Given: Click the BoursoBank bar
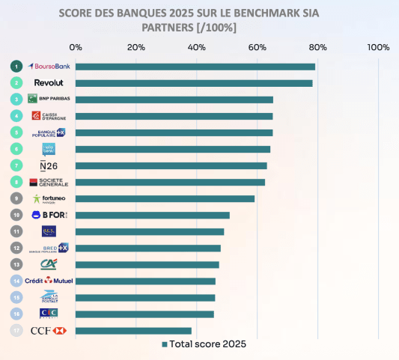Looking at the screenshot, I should [195, 67].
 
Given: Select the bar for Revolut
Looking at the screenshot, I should [193, 83].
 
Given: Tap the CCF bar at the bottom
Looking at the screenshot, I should [133, 330].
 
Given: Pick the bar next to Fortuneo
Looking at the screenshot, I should [165, 198].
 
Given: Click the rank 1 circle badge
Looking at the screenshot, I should [16, 66].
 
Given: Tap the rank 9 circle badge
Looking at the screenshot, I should [16, 198].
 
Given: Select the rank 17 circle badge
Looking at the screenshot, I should [16, 330].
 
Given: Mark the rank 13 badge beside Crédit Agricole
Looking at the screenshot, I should [16, 264].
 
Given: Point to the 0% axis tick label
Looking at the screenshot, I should [76, 47].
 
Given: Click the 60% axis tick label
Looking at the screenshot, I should [258, 47].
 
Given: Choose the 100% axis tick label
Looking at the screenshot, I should [379, 47].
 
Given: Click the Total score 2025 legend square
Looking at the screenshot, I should [165, 344].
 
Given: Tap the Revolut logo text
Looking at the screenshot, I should [48, 82].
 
